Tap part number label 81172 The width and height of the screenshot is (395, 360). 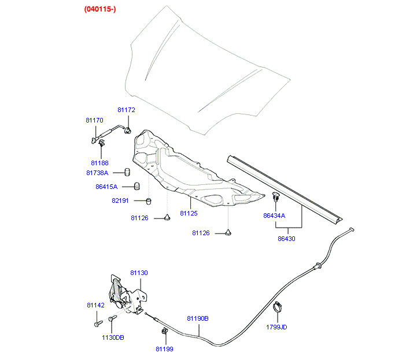tap(126, 110)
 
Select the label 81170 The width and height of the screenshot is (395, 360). tap(94, 120)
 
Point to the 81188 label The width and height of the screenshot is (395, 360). tap(99, 163)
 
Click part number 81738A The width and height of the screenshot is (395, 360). tap(98, 173)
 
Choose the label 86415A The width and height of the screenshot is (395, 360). tap(106, 187)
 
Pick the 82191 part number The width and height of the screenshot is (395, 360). tap(121, 201)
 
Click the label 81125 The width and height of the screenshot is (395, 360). tap(189, 213)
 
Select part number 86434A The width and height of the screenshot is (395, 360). tap(275, 215)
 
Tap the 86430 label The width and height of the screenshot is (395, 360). tap(286, 238)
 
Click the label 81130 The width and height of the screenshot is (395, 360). tap(139, 273)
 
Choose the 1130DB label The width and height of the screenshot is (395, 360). tap(113, 337)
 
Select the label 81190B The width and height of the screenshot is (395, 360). tap(198, 318)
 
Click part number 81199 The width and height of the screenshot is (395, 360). tap(164, 348)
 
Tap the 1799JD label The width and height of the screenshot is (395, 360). tap(276, 327)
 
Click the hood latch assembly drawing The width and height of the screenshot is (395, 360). tap(125, 294)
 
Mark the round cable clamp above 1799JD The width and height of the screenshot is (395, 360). tap(278, 307)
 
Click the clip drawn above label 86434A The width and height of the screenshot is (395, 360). tap(276, 196)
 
